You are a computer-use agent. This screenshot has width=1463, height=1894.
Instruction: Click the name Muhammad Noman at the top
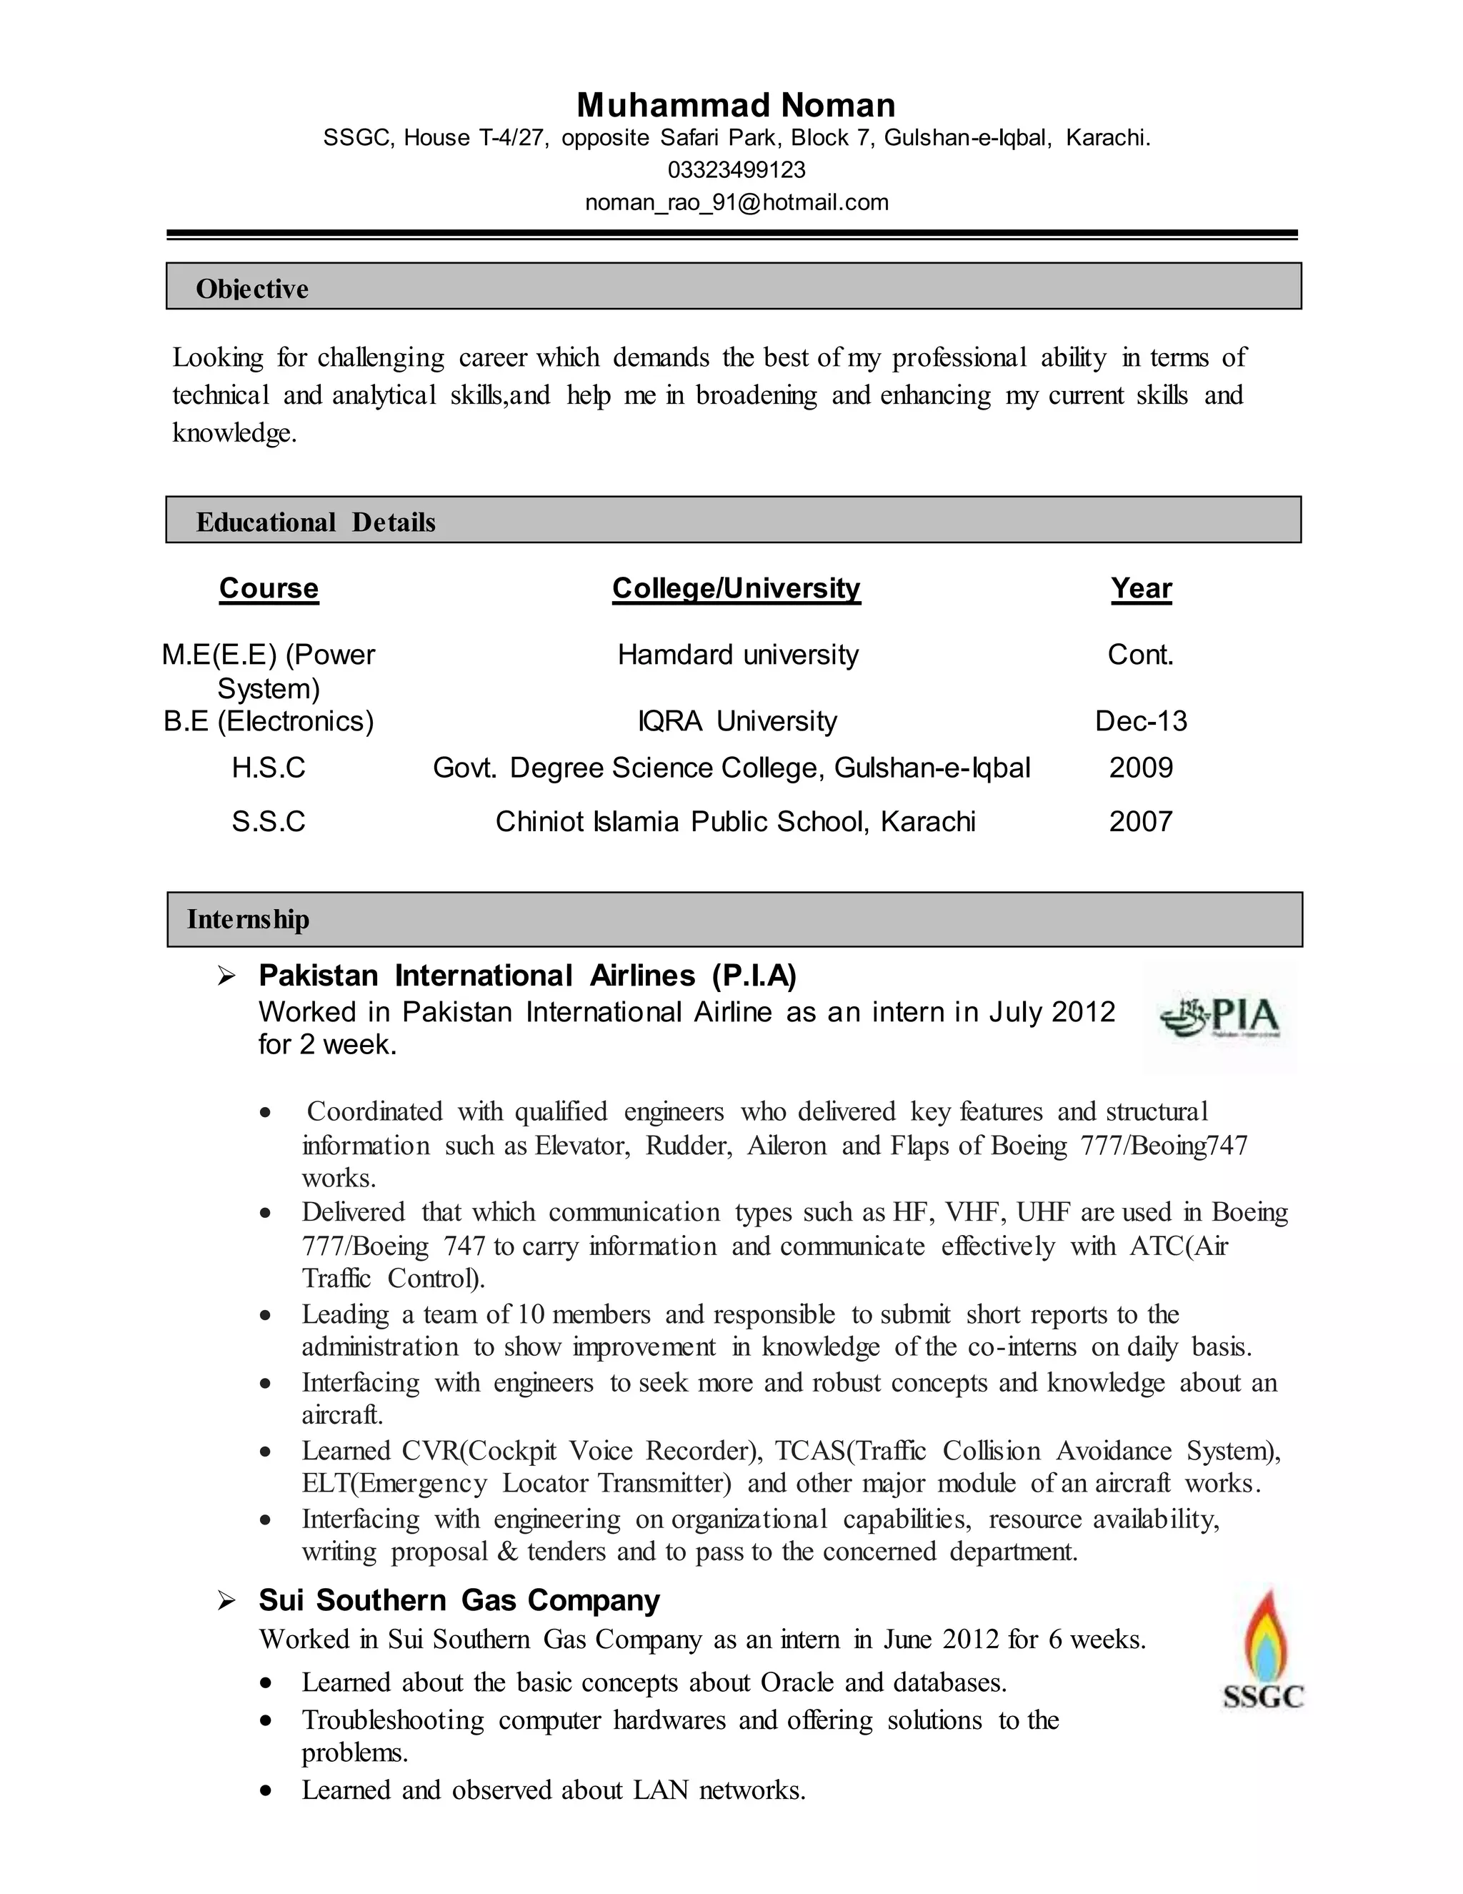pyautogui.click(x=736, y=105)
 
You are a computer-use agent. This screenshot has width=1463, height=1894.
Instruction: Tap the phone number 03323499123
pyautogui.click(x=736, y=170)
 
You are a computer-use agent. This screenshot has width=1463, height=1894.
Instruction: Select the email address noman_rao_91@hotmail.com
pyautogui.click(x=736, y=203)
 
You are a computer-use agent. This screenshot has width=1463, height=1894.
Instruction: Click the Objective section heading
pyautogui.click(x=251, y=289)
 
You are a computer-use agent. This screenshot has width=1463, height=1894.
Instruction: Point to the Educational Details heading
pyautogui.click(x=316, y=522)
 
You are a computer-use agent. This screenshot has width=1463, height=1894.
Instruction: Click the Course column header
pyautogui.click(x=269, y=588)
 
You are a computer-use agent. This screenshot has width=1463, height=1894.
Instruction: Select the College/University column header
pyautogui.click(x=736, y=588)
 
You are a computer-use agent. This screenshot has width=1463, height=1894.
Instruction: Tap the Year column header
pyautogui.click(x=1141, y=588)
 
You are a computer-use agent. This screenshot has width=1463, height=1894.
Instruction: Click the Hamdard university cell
pyautogui.click(x=737, y=655)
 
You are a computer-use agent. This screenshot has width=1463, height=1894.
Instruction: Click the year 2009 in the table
pyautogui.click(x=1141, y=768)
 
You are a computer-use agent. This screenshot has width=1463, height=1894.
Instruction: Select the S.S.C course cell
pyautogui.click(x=269, y=822)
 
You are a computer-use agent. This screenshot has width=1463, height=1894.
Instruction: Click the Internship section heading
pyautogui.click(x=248, y=919)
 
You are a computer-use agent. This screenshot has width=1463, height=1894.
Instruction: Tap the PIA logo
pyautogui.click(x=1220, y=1016)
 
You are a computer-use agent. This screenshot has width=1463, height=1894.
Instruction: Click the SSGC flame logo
pyautogui.click(x=1264, y=1650)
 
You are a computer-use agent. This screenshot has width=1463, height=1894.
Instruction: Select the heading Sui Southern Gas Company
pyautogui.click(x=459, y=1600)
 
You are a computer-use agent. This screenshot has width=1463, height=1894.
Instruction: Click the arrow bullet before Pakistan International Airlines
pyautogui.click(x=226, y=977)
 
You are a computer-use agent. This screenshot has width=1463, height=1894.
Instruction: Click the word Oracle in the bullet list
pyautogui.click(x=797, y=1683)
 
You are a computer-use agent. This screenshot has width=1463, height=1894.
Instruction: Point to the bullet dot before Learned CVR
pyautogui.click(x=266, y=1451)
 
